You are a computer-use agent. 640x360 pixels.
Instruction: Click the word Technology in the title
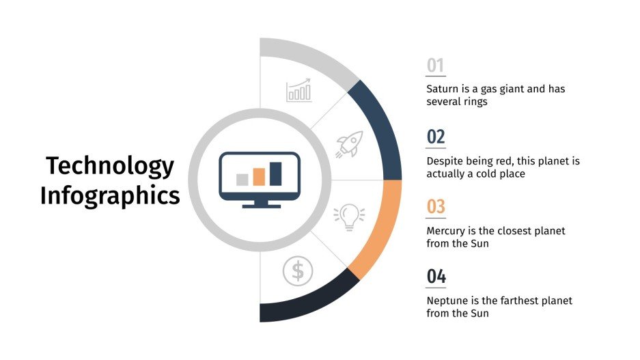click(x=110, y=166)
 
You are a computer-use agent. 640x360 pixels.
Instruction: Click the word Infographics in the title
click(x=110, y=195)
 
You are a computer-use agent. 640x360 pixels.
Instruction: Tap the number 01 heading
click(x=435, y=66)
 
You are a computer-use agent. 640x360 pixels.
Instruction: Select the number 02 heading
click(x=436, y=137)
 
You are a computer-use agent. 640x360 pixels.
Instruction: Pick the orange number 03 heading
click(x=436, y=206)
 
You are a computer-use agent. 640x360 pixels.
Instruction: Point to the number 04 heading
click(x=436, y=277)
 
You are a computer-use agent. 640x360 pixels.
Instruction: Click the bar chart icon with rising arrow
click(x=298, y=91)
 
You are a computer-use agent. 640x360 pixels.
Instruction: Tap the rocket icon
click(x=349, y=145)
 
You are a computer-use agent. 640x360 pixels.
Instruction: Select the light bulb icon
click(x=349, y=216)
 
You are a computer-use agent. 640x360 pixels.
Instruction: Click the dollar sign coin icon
click(x=298, y=271)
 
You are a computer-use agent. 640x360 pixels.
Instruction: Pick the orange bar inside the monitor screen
click(x=259, y=177)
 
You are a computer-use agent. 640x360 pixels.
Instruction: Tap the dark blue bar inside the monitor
click(x=275, y=174)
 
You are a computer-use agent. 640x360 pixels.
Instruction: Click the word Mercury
click(x=447, y=231)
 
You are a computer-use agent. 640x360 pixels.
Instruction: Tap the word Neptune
click(x=448, y=301)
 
